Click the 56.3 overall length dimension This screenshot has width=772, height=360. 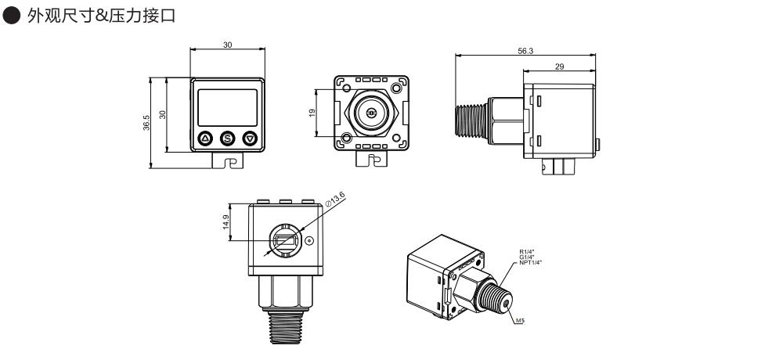[x=525, y=50]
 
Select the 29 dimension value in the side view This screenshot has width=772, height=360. [x=559, y=67]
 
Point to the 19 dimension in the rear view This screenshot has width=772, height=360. [x=312, y=113]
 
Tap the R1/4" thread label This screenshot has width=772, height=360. [x=526, y=251]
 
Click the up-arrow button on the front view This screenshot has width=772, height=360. [x=205, y=139]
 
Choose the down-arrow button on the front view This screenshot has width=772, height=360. [x=250, y=139]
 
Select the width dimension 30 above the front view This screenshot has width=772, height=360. [x=227, y=46]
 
